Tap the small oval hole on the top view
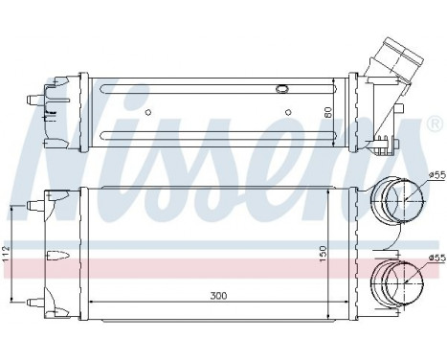[282, 90]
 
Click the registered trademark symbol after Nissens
[435, 125]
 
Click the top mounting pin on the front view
[38, 203]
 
